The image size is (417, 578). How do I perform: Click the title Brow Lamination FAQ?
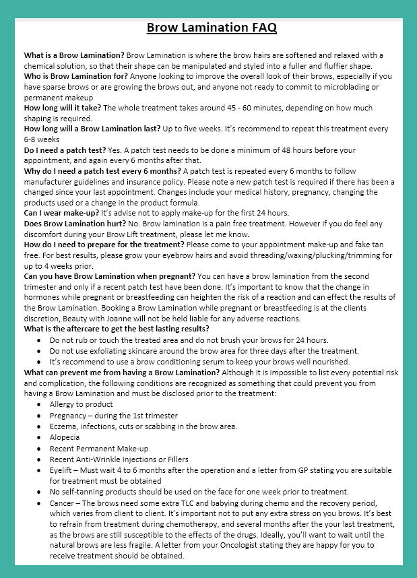pos(212,28)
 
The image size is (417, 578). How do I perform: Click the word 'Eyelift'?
pos(63,471)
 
